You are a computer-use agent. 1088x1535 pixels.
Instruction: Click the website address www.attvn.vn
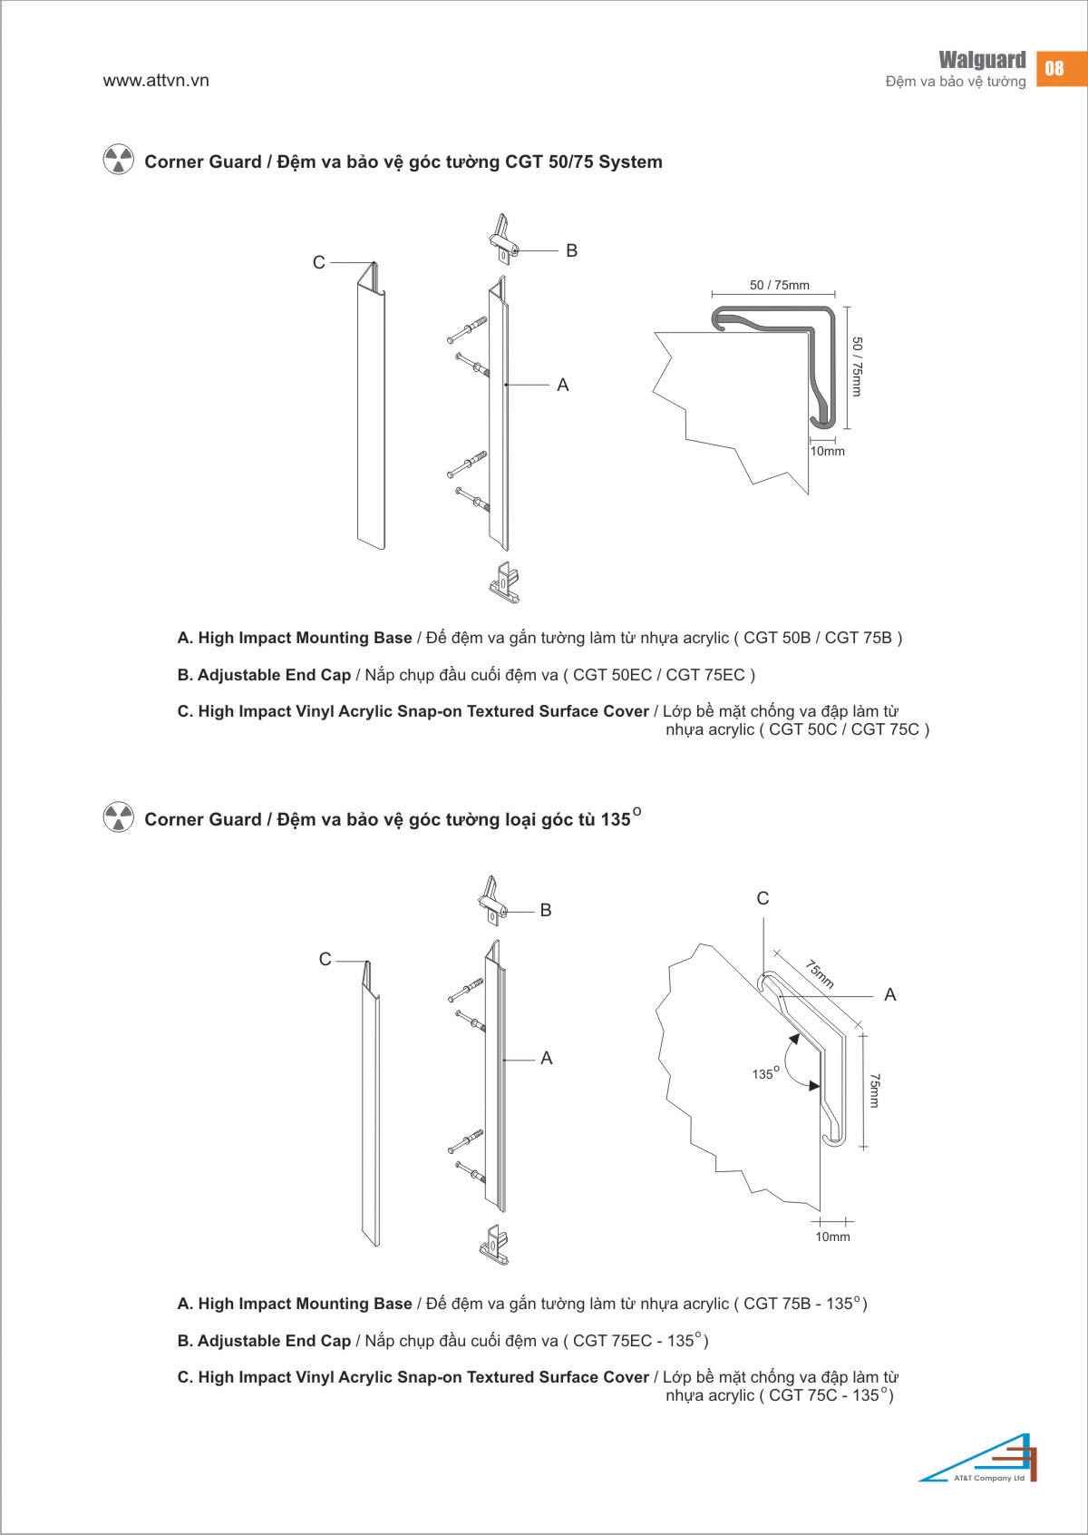coord(156,80)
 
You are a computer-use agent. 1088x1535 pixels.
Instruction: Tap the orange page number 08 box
coord(1054,68)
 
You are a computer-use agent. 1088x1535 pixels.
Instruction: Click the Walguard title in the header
coord(982,60)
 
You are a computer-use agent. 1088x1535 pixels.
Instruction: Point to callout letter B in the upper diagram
coord(571,250)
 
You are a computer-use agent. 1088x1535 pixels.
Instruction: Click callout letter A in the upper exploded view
coord(562,386)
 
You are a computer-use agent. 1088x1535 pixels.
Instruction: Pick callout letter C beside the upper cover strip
coord(318,262)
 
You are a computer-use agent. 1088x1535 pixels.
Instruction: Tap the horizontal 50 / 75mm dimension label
coord(779,285)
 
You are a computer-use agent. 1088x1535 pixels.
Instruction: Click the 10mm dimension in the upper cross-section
coord(827,451)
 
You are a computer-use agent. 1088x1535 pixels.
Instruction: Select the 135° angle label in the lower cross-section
coord(763,1073)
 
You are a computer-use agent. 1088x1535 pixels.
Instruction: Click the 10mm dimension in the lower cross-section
coord(832,1237)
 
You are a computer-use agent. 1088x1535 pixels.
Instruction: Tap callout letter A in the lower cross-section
coord(889,995)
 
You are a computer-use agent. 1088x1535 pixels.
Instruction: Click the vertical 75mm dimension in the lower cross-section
coord(874,1089)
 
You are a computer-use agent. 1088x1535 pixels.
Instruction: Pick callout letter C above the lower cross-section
coord(763,898)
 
